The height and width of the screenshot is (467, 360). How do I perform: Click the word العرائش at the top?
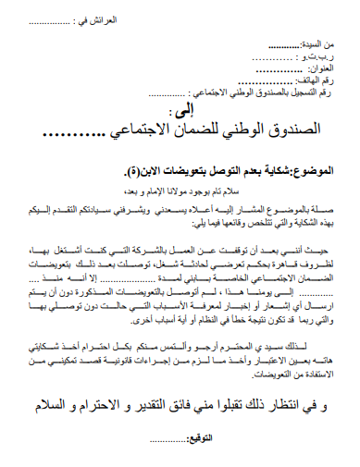click(x=107, y=16)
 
